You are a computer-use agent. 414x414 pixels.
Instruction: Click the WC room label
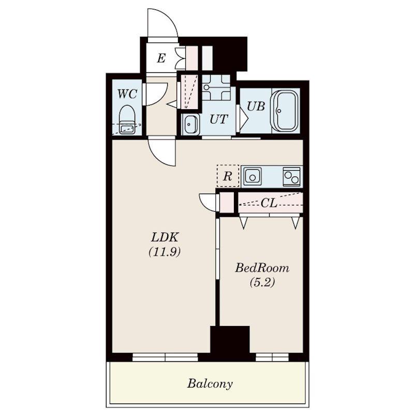[127, 94]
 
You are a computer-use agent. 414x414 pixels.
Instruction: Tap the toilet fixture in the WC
[127, 120]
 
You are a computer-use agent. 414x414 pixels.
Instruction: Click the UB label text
[256, 106]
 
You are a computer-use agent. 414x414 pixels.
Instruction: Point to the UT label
[218, 119]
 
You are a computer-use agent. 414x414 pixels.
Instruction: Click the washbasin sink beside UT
[190, 125]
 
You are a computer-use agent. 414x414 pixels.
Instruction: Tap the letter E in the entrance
[161, 58]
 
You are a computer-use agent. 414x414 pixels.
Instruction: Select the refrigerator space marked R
[228, 176]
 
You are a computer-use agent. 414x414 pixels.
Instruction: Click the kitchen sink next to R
[253, 176]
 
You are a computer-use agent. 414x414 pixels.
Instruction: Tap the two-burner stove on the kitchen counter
[291, 176]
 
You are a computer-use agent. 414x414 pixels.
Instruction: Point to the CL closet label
[269, 203]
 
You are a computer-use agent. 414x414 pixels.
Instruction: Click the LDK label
[165, 238]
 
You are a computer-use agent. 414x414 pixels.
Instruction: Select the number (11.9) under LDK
[165, 252]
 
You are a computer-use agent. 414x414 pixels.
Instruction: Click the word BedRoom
[262, 268]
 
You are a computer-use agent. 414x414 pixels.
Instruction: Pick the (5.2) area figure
[262, 283]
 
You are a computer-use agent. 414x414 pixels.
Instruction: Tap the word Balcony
[210, 383]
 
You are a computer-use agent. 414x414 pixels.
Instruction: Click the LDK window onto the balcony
[165, 357]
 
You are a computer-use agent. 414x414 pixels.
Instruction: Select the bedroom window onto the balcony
[272, 357]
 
